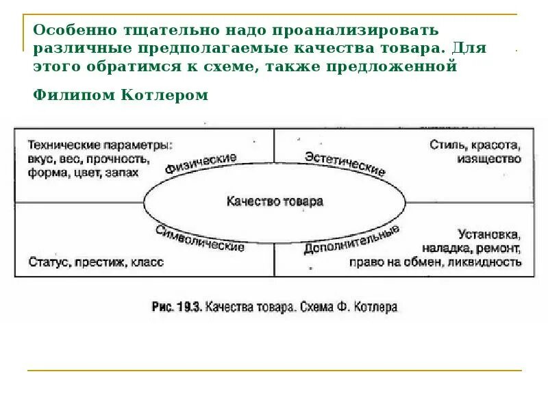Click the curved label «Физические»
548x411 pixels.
pos(201,163)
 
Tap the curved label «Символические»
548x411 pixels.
pos(199,238)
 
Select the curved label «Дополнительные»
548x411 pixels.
pos(351,240)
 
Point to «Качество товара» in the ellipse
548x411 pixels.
pos(274,201)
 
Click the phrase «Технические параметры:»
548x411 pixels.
pos(101,145)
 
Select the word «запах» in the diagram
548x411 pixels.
pos(121,173)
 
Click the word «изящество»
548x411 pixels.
pos(488,159)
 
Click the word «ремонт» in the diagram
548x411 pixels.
pos(499,248)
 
